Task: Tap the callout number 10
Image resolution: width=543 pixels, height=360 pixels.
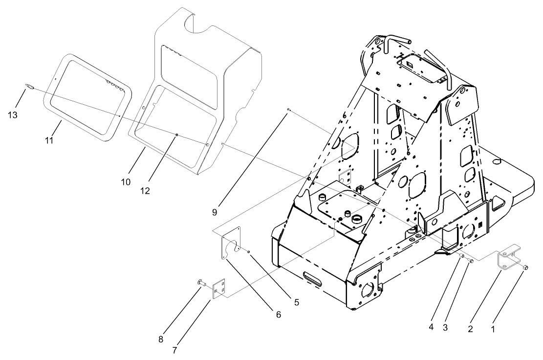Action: [x=126, y=181]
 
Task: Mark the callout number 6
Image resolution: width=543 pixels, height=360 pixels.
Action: [x=278, y=315]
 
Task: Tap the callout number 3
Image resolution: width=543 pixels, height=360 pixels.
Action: [x=445, y=328]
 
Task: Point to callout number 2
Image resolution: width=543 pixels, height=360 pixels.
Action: [x=470, y=329]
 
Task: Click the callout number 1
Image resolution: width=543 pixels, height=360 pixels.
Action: [x=492, y=329]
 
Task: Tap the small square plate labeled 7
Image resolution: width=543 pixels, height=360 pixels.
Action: [x=219, y=288]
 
